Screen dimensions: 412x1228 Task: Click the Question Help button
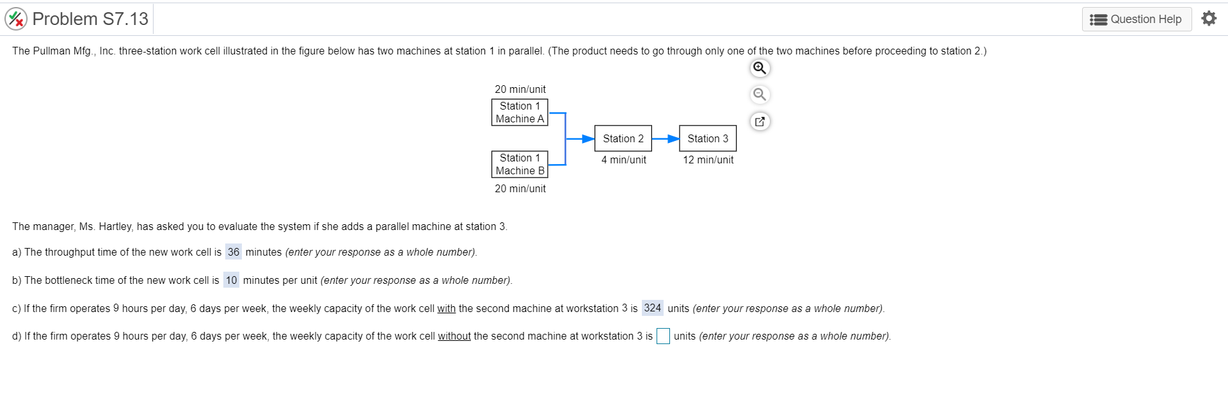click(x=1136, y=19)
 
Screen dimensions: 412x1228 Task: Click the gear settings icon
click(x=1209, y=19)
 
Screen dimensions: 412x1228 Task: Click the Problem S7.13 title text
click(x=90, y=19)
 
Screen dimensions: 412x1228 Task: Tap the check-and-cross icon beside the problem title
click(x=16, y=19)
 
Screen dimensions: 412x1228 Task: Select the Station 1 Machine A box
click(x=520, y=112)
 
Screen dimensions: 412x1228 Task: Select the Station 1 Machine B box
click(x=520, y=164)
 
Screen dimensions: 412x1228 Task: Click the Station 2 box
click(x=623, y=138)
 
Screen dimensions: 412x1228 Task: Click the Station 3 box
click(x=708, y=138)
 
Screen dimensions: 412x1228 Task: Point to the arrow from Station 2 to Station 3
click(x=666, y=138)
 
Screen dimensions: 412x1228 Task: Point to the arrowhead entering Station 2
click(x=588, y=138)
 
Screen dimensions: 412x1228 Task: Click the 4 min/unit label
click(x=623, y=160)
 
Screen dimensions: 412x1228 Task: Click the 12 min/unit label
click(x=708, y=160)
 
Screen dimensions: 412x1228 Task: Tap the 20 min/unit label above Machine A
click(x=520, y=89)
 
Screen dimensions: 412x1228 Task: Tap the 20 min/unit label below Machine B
click(x=520, y=188)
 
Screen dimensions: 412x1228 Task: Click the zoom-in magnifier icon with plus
click(x=760, y=68)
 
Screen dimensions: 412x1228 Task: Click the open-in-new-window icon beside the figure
click(x=760, y=121)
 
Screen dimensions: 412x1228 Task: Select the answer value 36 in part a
click(x=234, y=252)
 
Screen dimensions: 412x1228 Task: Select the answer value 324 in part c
click(x=652, y=308)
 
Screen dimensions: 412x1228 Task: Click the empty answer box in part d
click(x=663, y=336)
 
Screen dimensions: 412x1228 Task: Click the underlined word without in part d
click(x=454, y=336)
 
